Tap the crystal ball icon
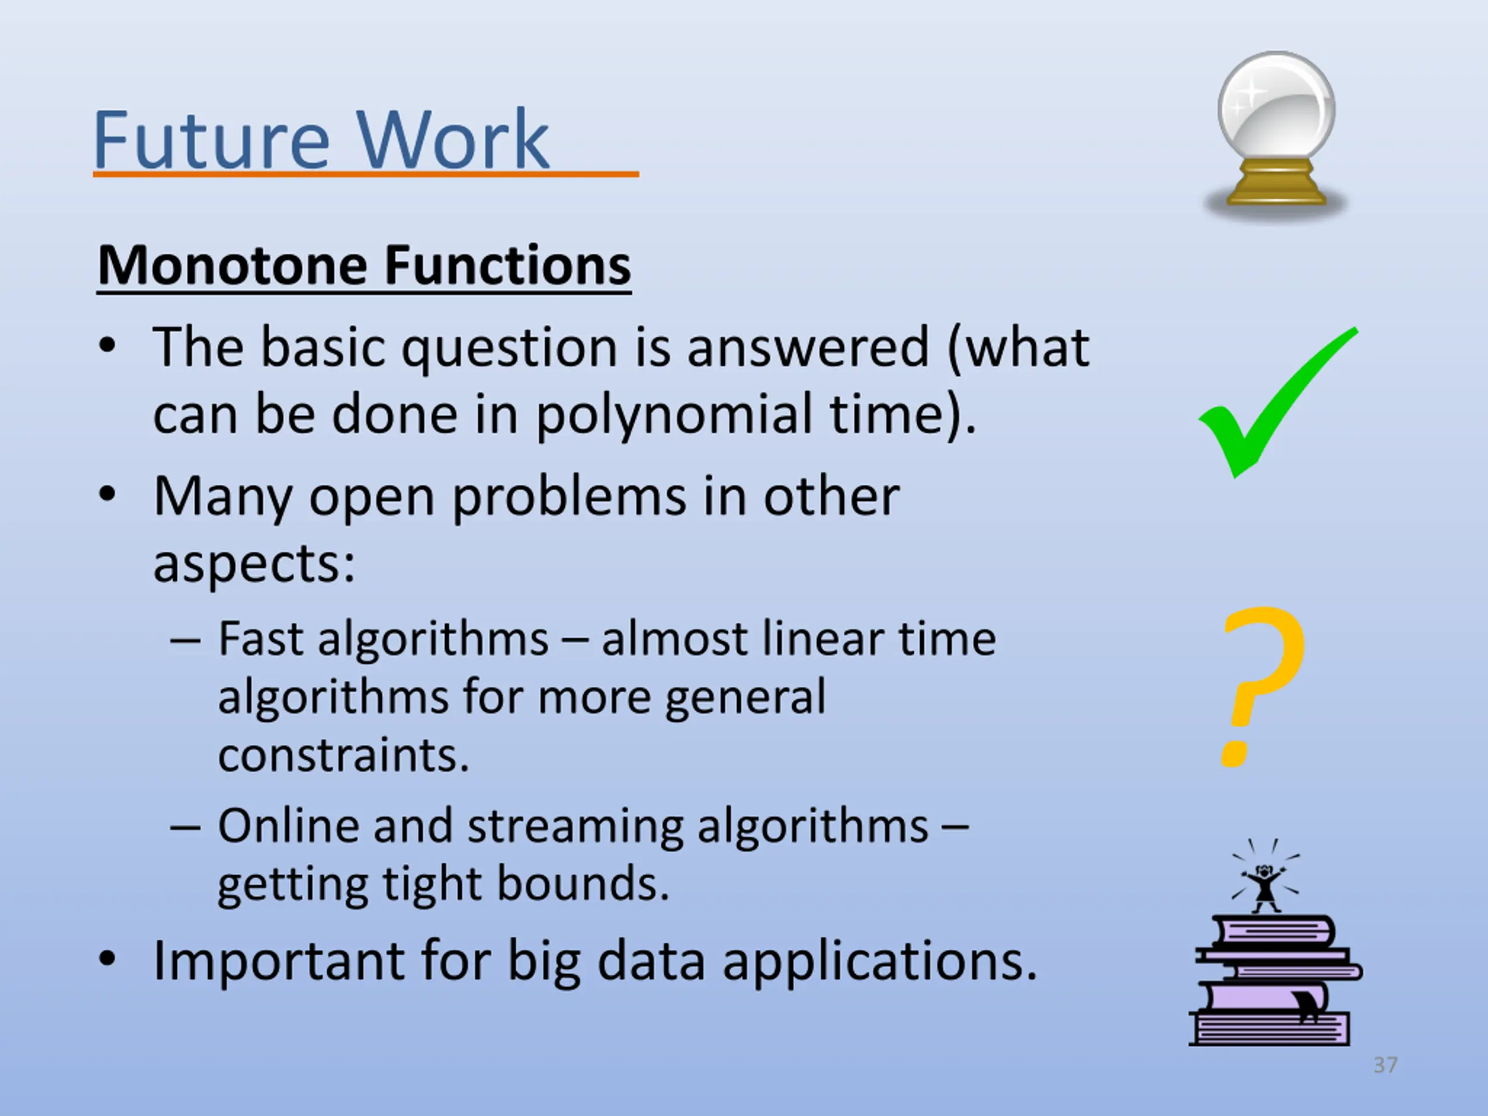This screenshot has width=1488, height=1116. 1275,134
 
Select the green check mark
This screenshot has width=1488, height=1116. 1278,403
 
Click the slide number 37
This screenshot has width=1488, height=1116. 1385,1065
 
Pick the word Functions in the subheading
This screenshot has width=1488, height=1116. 508,265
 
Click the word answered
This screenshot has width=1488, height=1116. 809,348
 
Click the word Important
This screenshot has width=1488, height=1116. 279,962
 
